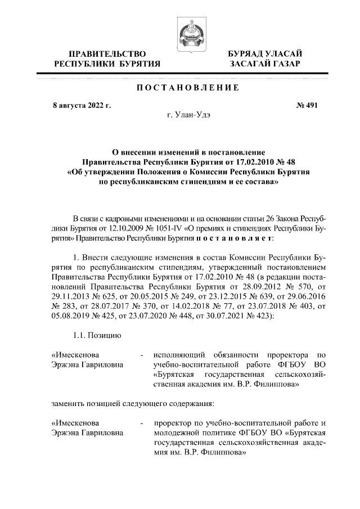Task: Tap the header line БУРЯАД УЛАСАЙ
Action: click(x=265, y=53)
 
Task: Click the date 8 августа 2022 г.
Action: click(x=82, y=105)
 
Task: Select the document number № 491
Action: click(x=307, y=105)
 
